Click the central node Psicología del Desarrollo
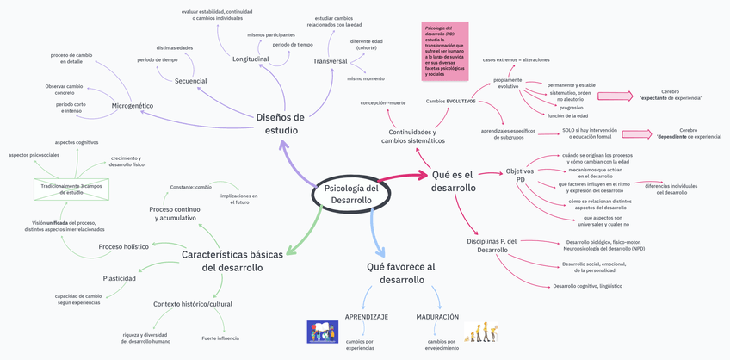tap(351, 194)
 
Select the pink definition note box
tap(445, 51)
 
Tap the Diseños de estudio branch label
tap(281, 123)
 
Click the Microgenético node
tap(133, 105)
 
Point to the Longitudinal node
tap(251, 59)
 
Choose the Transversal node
tap(331, 61)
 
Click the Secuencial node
tap(190, 81)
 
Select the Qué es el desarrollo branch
tap(454, 181)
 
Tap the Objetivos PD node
tap(515, 175)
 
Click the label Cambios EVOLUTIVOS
tap(451, 101)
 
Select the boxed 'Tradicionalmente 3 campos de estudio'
tap(71, 189)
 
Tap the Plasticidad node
tap(119, 278)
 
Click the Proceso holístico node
tap(123, 247)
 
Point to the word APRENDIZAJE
tap(367, 317)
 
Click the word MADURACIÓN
tap(437, 317)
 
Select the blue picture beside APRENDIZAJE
tap(323, 332)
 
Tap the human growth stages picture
tap(480, 333)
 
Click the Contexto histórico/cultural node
tap(193, 304)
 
